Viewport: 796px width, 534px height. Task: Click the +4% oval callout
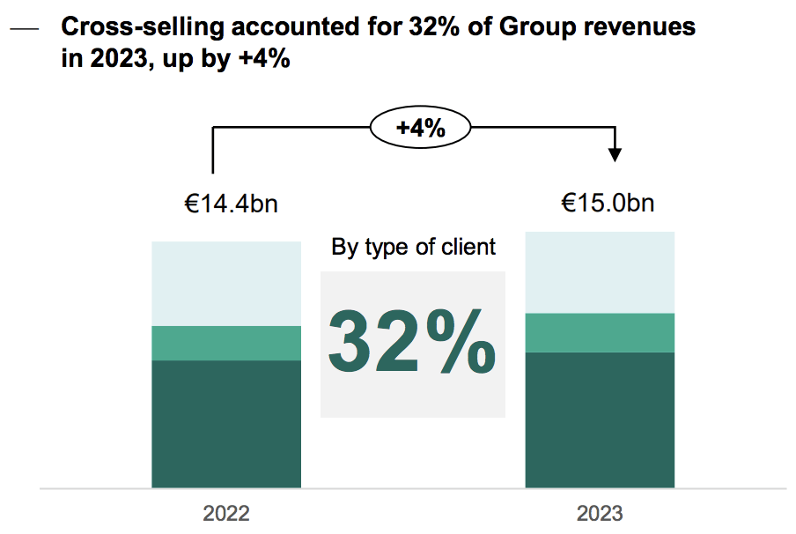420,129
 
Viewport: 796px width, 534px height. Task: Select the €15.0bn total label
608,204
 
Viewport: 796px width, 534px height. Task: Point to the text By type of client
413,247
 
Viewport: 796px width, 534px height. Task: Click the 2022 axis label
226,513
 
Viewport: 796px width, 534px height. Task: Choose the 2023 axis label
600,513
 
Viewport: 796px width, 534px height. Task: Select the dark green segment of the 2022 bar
226,423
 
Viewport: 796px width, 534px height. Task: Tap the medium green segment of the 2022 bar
226,343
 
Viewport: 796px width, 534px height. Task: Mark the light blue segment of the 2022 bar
226,283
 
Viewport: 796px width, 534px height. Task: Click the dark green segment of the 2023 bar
600,419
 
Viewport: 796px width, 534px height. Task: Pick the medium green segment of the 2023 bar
600,332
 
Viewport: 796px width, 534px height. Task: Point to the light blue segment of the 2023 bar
600,272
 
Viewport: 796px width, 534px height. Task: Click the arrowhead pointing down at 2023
615,154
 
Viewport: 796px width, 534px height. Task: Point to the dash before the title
26,29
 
